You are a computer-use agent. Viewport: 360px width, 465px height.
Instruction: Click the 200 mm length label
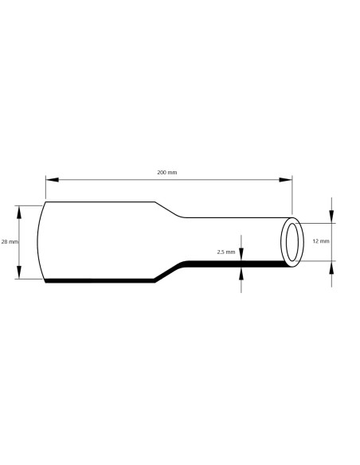click(167, 172)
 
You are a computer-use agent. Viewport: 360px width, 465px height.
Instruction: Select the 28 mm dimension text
click(10, 241)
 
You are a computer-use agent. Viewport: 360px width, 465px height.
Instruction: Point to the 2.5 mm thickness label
click(225, 252)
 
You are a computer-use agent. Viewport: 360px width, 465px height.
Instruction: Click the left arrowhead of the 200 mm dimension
click(49, 179)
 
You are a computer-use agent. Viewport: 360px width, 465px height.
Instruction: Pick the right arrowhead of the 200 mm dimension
click(288, 179)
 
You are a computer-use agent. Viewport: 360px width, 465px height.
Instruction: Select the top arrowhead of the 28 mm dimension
click(19, 209)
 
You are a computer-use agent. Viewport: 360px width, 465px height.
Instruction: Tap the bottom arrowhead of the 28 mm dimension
click(19, 275)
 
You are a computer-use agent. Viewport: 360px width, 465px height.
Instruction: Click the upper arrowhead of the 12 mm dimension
click(332, 217)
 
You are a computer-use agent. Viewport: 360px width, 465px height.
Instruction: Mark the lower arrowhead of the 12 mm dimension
click(332, 267)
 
